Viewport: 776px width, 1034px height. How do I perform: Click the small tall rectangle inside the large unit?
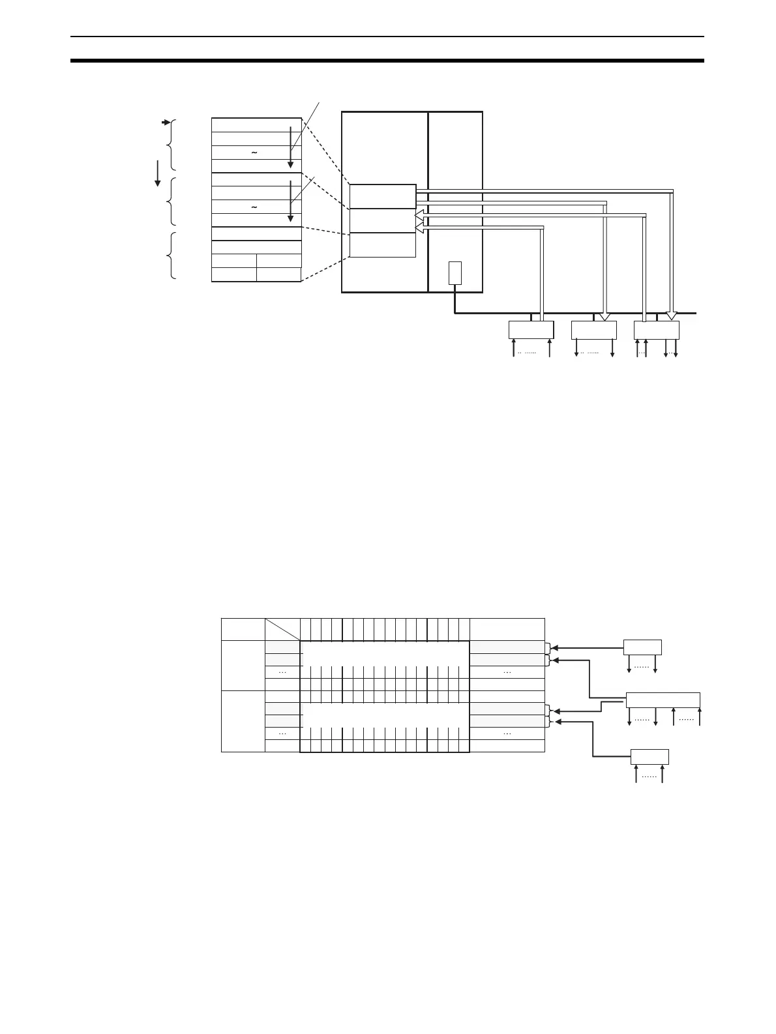pos(455,273)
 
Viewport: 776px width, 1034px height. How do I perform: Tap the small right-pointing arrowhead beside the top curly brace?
pos(166,122)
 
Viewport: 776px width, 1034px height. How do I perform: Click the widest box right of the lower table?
pos(663,700)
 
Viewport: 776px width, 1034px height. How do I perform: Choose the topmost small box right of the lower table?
pos(642,647)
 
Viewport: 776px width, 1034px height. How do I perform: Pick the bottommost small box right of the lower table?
pos(649,757)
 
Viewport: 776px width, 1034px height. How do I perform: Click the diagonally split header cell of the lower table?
pos(282,629)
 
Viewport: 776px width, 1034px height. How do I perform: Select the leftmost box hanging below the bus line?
pos(531,330)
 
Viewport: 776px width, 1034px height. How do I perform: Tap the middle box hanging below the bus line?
pos(593,330)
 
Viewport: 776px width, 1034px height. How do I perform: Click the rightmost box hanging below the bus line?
pos(657,330)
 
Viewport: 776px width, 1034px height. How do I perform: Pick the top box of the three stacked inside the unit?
pos(382,196)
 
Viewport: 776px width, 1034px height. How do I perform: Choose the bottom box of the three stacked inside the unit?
pos(382,245)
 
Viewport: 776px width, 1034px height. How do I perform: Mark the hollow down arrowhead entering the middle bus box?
pos(604,317)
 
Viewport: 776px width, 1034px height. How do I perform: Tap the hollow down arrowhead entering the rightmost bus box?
pos(672,317)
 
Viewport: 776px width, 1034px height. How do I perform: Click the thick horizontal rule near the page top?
pos(387,61)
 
